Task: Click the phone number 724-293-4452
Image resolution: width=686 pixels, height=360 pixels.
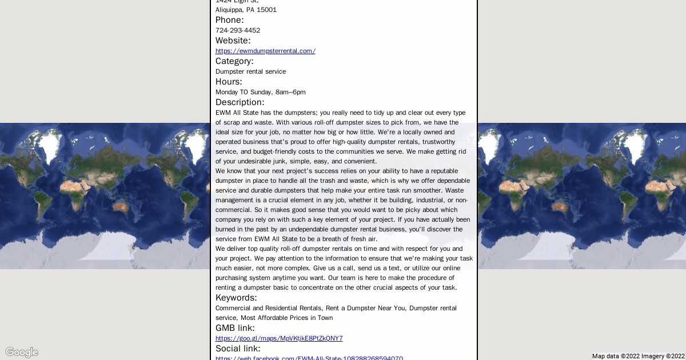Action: (x=237, y=30)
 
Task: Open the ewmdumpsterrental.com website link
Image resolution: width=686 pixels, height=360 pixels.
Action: (x=265, y=51)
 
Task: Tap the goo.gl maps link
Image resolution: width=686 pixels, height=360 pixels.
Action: (x=279, y=338)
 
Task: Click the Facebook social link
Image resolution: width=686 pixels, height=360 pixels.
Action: (x=309, y=358)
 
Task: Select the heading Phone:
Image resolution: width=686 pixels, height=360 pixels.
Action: (x=229, y=20)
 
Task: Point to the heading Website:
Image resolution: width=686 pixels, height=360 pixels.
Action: (x=233, y=41)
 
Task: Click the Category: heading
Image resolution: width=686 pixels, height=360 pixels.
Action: (x=234, y=61)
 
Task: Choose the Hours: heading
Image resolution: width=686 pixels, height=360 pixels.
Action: (x=229, y=82)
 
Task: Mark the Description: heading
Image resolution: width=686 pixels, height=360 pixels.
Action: (x=240, y=102)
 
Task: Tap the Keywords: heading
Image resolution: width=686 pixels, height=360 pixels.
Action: (x=236, y=298)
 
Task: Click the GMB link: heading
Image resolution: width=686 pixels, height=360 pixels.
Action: (x=235, y=328)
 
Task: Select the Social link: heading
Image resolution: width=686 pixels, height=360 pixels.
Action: (x=238, y=349)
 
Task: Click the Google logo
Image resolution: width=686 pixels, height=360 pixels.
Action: (x=22, y=352)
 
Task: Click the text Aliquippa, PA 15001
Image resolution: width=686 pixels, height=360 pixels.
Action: (x=246, y=10)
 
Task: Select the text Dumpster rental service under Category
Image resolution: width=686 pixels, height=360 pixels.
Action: (x=250, y=71)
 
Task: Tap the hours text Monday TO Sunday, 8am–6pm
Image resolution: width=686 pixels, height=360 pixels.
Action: (x=260, y=92)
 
